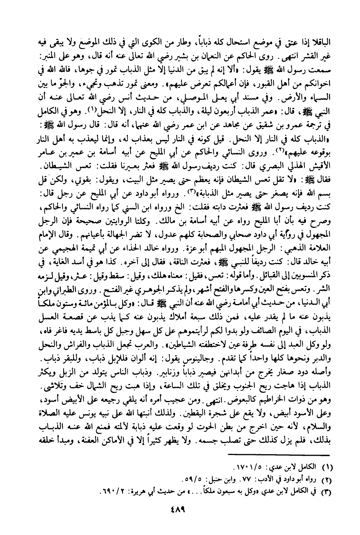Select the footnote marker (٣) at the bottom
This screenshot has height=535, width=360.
click(326, 490)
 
